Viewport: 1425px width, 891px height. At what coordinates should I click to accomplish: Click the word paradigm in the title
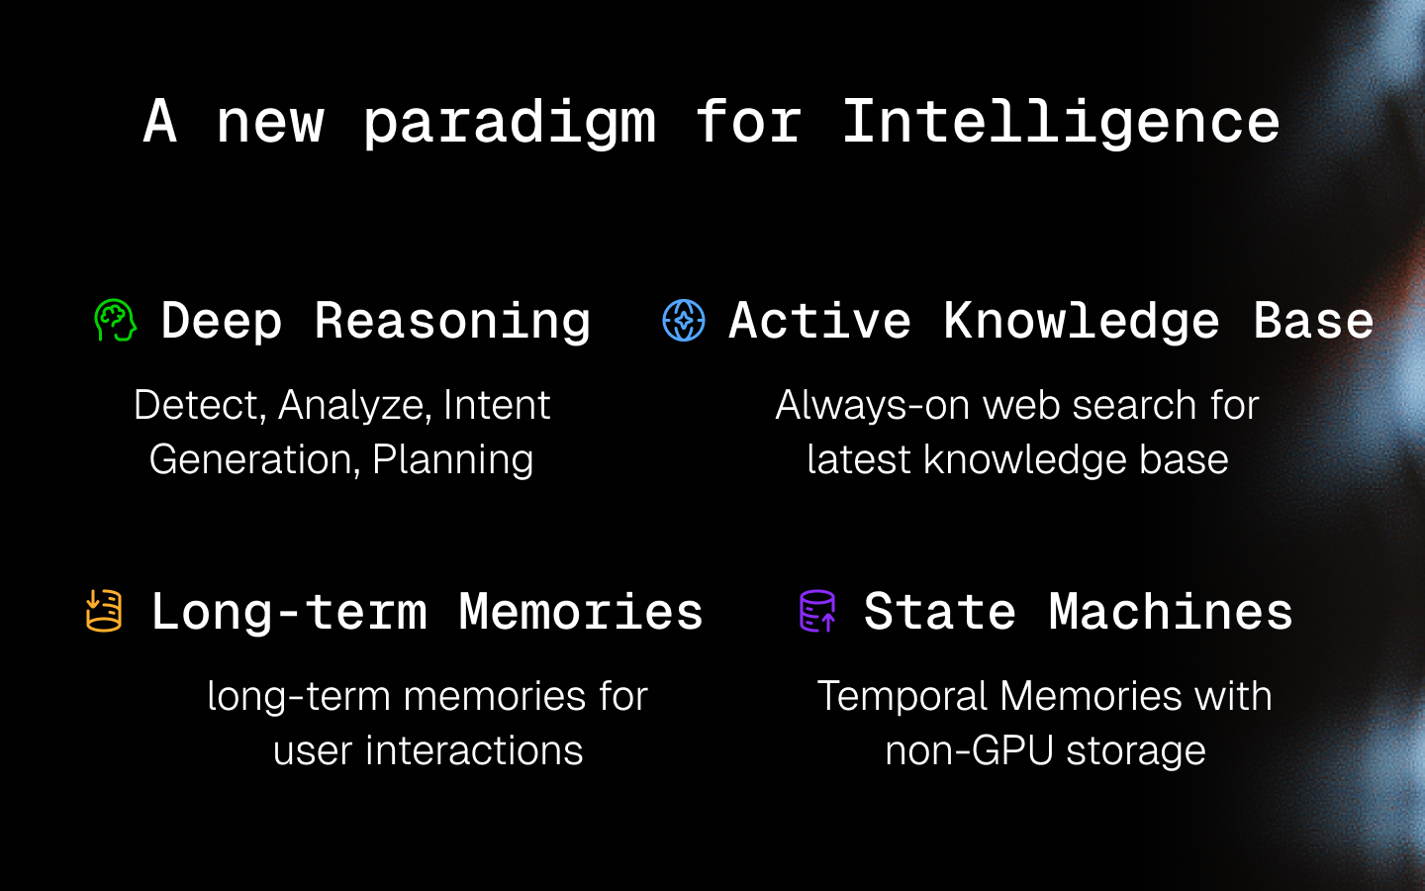(509, 123)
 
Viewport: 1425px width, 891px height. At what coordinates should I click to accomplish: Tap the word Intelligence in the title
(1060, 123)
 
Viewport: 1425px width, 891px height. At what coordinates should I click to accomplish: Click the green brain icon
(115, 321)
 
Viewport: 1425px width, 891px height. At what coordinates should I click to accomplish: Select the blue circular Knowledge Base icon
(684, 321)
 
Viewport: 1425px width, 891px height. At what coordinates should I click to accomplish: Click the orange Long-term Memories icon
(104, 611)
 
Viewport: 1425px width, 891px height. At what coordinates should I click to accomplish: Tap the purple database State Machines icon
(817, 611)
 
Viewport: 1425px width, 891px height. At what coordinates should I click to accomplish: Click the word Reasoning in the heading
(452, 321)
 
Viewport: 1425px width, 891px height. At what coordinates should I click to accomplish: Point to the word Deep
(222, 321)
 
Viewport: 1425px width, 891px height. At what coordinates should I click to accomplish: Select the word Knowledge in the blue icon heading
(1082, 321)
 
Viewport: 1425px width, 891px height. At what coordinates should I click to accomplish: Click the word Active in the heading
(819, 321)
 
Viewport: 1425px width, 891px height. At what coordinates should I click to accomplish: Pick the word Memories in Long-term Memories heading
(581, 611)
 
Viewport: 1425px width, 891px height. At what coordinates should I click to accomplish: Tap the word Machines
(1171, 611)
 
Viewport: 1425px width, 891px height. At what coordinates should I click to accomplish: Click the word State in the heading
(939, 611)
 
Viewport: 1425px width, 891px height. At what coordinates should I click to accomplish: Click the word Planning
(452, 459)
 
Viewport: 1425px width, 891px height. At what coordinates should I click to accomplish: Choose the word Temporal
(902, 696)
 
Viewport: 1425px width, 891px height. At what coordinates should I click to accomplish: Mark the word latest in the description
(858, 459)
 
